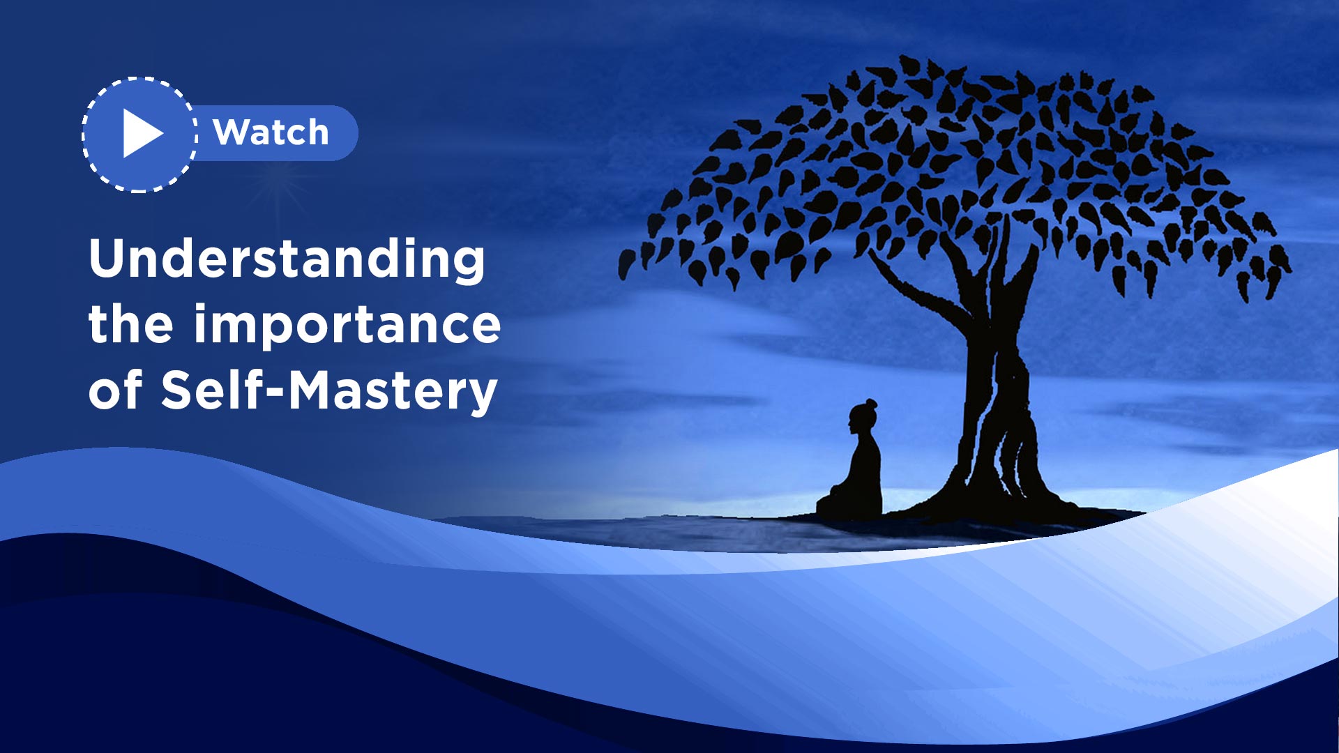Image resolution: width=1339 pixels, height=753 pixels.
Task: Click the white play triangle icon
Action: point(141,133)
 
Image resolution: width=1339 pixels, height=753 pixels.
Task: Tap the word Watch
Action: point(271,132)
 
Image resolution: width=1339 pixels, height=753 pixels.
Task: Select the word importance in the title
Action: point(347,324)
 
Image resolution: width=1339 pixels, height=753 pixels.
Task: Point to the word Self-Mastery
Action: point(329,391)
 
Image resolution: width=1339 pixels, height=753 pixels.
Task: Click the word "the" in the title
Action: point(130,324)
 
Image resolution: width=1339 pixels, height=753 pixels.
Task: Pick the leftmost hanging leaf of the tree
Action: point(627,264)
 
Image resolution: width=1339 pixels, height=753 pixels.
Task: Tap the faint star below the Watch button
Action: point(279,187)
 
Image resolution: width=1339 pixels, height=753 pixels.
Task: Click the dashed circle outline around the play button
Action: point(139,78)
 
